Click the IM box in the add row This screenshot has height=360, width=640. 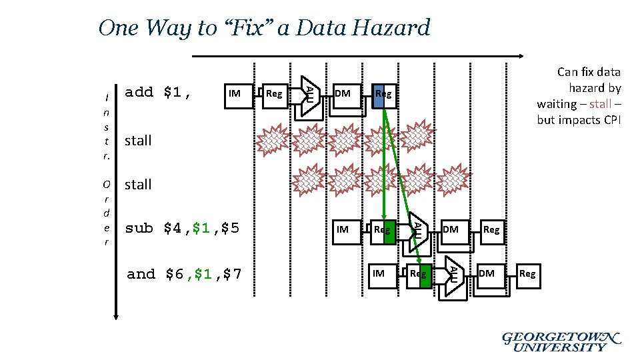[234, 93]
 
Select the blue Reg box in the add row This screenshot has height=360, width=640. [383, 94]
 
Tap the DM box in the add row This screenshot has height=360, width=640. [343, 93]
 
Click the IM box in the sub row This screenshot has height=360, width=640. [343, 229]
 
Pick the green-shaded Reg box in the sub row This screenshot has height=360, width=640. [383, 230]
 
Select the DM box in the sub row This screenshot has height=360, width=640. [451, 229]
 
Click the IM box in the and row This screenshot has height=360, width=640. [379, 273]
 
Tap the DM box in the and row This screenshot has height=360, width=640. [487, 273]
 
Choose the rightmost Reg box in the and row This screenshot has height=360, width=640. [527, 273]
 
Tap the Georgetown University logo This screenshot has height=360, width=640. [561, 341]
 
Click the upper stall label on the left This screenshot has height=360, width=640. [138, 141]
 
